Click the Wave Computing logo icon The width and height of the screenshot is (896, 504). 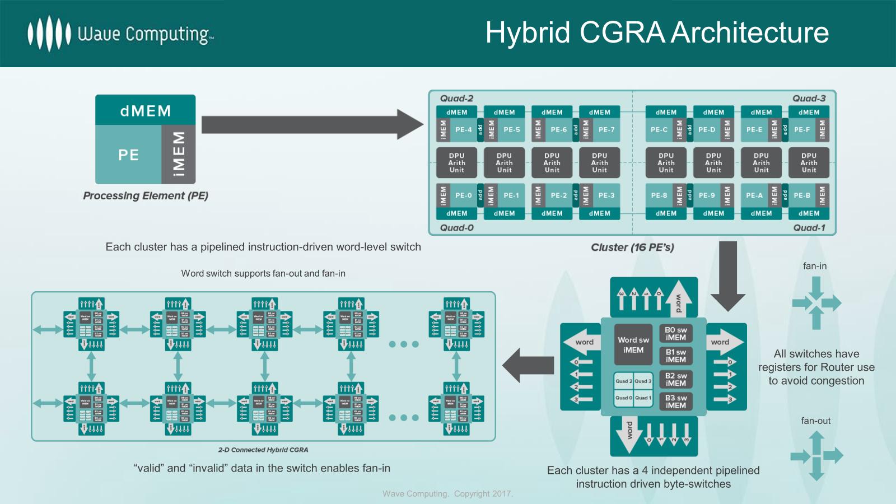(49, 34)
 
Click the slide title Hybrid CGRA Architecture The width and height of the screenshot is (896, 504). (656, 32)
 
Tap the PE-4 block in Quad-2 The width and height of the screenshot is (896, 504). (463, 130)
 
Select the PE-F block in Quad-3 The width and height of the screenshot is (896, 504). (802, 130)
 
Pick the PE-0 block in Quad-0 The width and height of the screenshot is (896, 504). (463, 195)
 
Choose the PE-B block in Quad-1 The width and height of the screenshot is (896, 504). (802, 195)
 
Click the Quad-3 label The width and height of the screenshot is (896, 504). (809, 99)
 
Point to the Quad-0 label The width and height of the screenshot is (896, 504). (456, 228)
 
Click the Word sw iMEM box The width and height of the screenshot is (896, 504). (633, 345)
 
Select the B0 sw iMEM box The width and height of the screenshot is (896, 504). (675, 334)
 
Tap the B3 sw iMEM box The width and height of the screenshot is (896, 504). (675, 402)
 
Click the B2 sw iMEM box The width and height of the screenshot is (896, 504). (675, 380)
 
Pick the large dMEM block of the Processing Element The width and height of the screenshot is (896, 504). (145, 110)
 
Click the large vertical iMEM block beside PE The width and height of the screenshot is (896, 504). (179, 154)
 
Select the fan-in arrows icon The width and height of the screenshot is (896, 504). (816, 303)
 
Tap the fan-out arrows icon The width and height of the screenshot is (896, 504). (816, 456)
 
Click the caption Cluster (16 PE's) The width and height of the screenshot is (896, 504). (632, 248)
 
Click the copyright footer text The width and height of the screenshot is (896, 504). (447, 494)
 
